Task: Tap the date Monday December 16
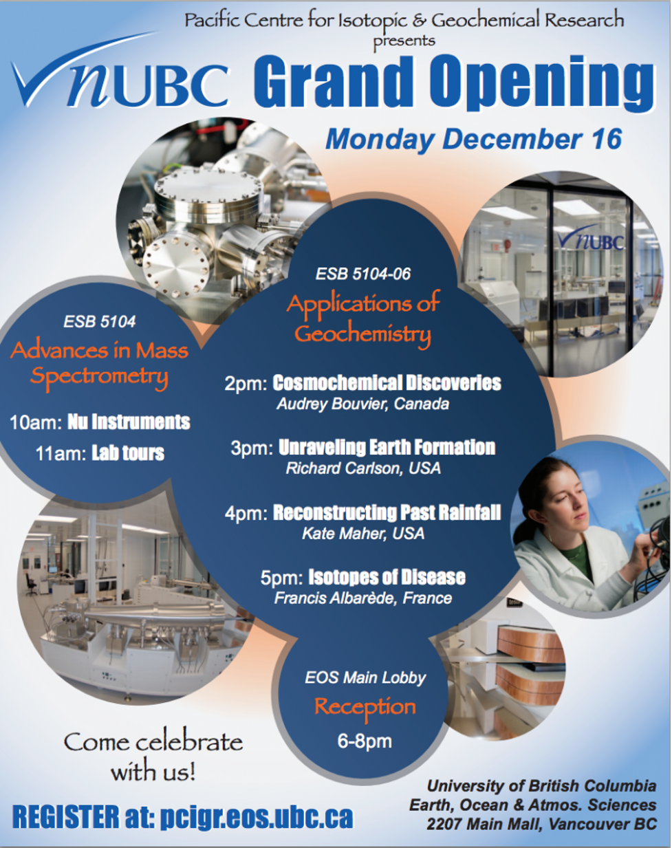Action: point(473,139)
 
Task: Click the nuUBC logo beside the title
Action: point(120,81)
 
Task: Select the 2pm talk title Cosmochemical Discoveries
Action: point(387,383)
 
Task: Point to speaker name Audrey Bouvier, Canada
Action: point(362,404)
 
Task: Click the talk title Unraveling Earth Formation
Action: point(387,448)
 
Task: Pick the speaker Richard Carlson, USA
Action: point(363,468)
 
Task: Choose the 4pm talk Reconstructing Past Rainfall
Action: point(387,512)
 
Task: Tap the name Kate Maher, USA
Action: point(363,533)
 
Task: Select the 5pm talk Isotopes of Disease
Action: point(387,577)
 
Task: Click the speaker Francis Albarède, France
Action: point(363,598)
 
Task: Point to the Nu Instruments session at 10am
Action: point(129,422)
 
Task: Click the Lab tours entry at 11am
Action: point(128,453)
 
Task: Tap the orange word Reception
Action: point(365,708)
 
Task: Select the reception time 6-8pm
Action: point(365,741)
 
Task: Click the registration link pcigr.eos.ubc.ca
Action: point(256,817)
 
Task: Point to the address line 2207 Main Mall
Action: point(541,823)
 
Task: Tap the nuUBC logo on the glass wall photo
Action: point(591,239)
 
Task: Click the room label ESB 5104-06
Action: point(363,274)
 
